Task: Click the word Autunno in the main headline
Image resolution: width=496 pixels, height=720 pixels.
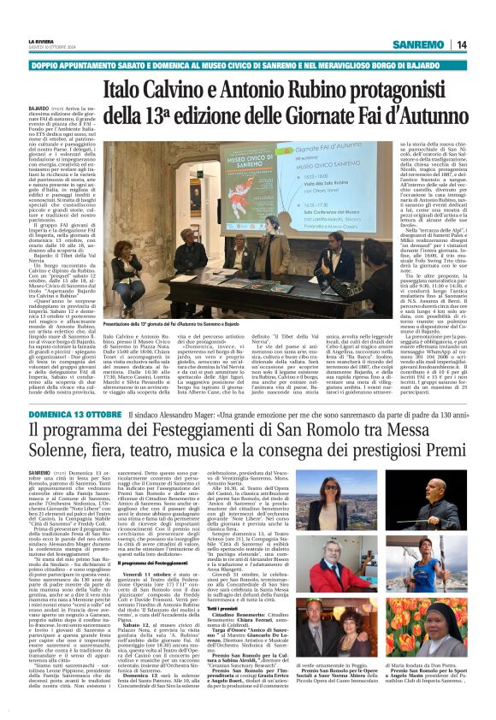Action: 434,114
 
